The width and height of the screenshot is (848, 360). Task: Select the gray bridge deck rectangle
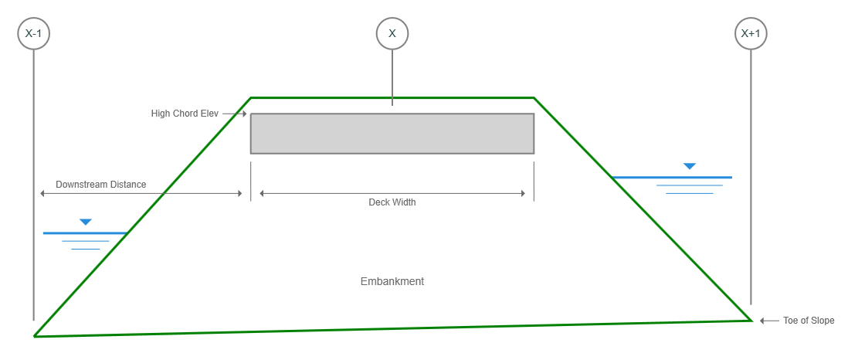click(392, 134)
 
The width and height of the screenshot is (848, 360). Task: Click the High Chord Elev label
click(185, 114)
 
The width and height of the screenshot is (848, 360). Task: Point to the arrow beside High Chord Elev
click(235, 114)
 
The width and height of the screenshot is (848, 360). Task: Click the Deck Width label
click(392, 202)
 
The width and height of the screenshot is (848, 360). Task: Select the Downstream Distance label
click(100, 185)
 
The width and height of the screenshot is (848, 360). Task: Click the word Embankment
click(392, 281)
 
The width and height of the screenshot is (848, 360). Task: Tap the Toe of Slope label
click(809, 321)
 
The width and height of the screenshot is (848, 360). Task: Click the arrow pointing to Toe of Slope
click(769, 321)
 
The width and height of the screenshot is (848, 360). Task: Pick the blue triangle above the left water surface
click(86, 222)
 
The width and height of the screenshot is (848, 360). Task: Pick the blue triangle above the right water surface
click(689, 166)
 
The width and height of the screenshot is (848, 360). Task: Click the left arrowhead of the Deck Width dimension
click(262, 193)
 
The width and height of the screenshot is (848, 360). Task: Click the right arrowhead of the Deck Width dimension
click(522, 193)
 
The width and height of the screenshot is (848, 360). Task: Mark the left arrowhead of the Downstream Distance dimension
click(42, 193)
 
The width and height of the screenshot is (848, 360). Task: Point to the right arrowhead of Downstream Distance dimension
click(239, 193)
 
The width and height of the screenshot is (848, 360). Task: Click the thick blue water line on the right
click(672, 177)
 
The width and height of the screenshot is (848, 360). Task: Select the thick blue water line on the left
click(86, 233)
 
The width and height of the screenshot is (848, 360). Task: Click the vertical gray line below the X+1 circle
click(751, 177)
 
